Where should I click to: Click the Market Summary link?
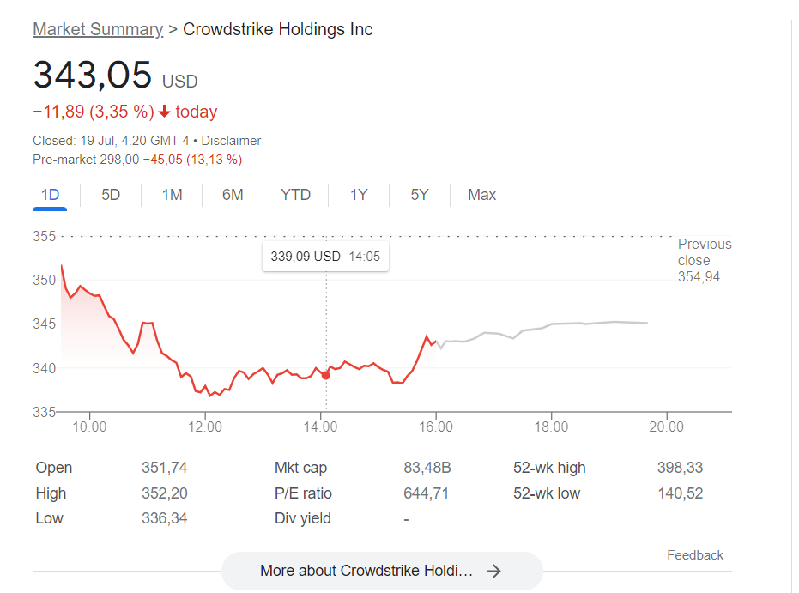(97, 29)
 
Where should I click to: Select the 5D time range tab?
(111, 195)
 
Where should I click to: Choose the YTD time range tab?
(295, 195)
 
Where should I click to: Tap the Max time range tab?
(481, 195)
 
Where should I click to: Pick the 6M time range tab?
(233, 195)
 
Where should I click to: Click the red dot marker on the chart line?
(326, 375)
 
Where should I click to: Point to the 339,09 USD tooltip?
(325, 256)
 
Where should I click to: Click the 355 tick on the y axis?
(44, 236)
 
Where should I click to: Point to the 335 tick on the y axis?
(44, 412)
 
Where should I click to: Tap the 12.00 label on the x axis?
(204, 427)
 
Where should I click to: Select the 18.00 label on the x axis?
(551, 427)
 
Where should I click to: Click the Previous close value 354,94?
(699, 276)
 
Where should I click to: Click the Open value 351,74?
(164, 468)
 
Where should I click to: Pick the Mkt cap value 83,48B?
(427, 468)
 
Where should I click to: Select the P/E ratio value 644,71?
(426, 493)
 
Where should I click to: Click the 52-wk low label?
(547, 493)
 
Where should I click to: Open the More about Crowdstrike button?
(382, 571)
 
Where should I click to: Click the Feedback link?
(695, 555)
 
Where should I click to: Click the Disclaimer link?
(231, 141)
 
